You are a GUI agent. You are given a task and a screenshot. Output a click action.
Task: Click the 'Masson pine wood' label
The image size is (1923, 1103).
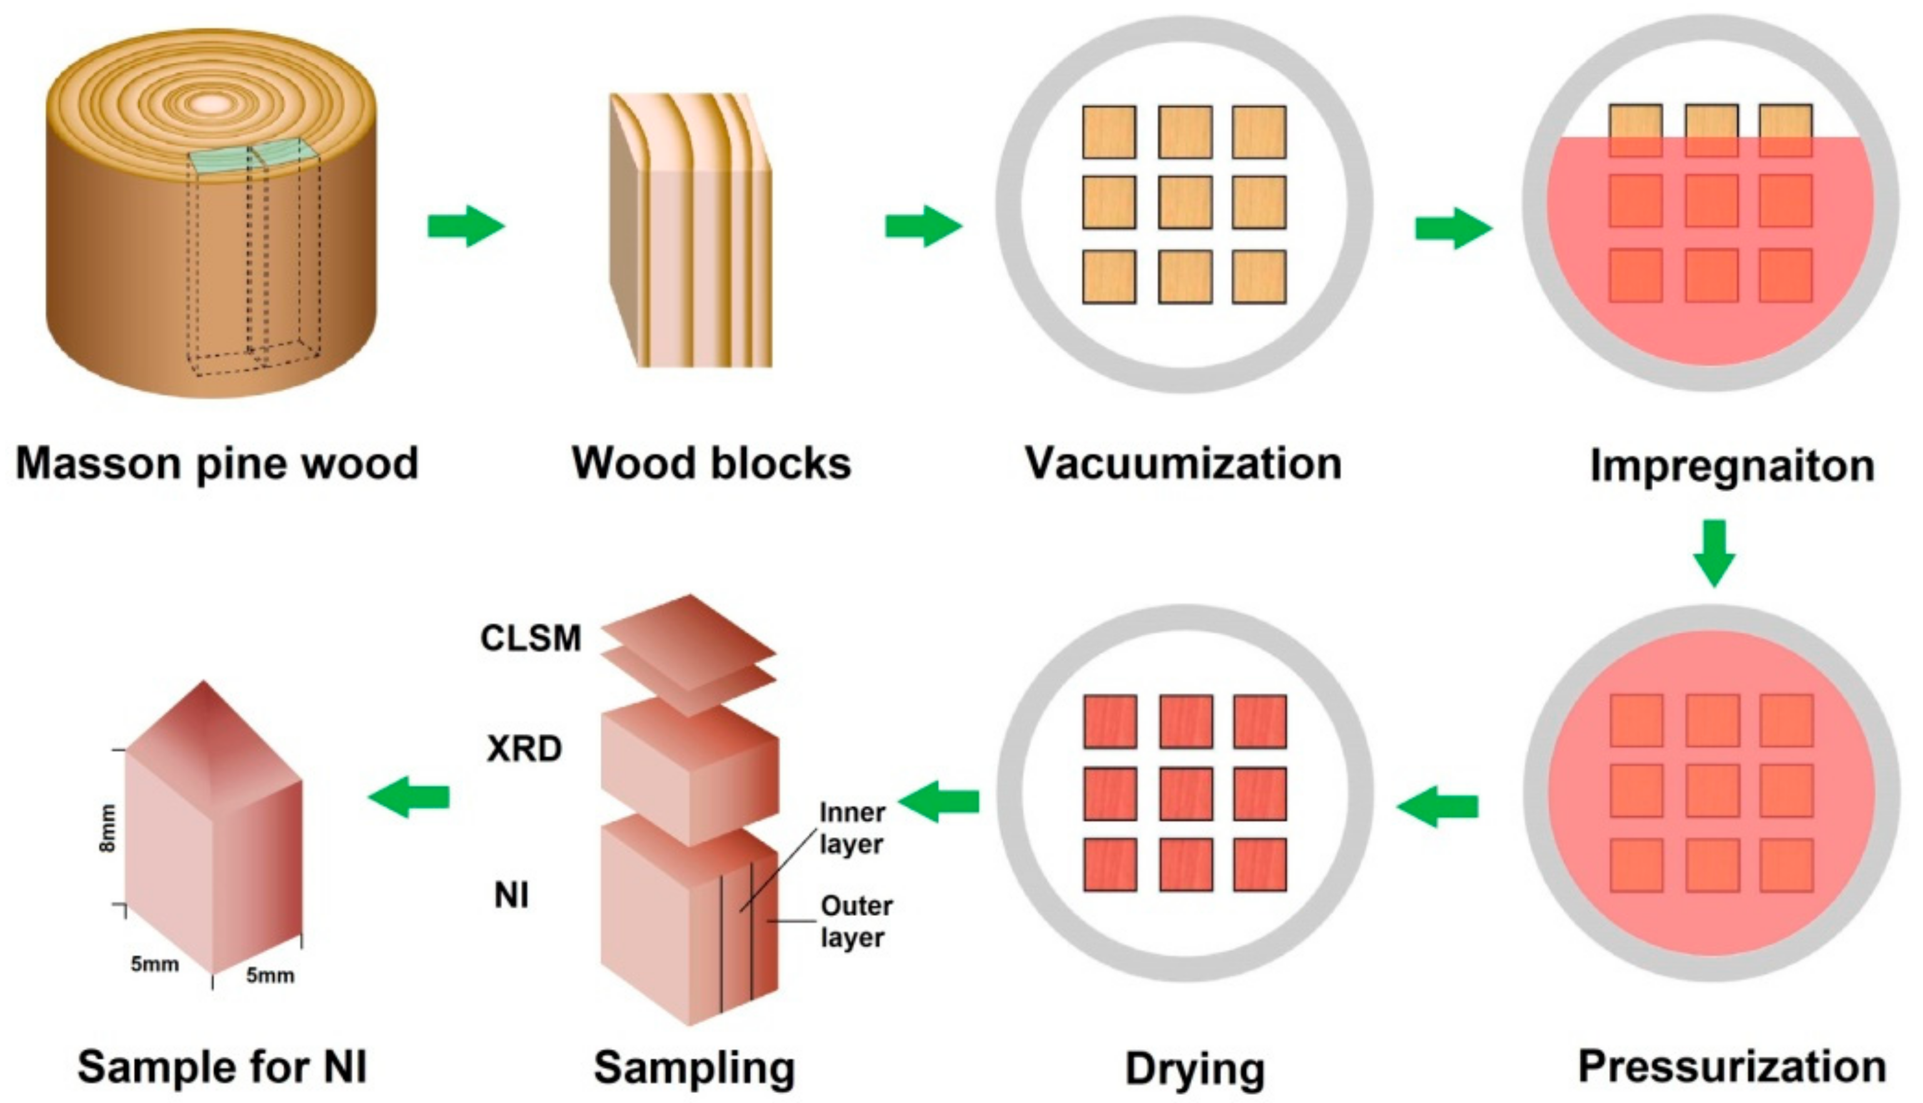[217, 464]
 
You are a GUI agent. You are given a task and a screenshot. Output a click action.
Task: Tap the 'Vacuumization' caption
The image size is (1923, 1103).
[1183, 464]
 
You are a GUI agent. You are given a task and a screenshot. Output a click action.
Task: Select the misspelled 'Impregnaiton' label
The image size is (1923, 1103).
[1732, 466]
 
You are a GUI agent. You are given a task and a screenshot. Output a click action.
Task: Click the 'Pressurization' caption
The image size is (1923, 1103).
[1732, 1067]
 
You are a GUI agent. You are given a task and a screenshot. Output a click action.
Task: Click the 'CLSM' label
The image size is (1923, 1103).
[531, 639]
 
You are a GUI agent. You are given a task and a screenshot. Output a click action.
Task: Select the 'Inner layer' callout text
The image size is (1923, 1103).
[852, 828]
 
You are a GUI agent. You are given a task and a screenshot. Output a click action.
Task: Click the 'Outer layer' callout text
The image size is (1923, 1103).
[856, 921]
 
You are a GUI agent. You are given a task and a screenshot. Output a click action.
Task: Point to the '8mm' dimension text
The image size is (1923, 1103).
[108, 828]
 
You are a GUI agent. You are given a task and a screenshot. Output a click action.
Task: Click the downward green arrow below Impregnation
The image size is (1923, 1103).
[1714, 552]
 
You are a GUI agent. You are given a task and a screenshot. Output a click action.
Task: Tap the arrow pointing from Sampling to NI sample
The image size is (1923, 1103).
[410, 797]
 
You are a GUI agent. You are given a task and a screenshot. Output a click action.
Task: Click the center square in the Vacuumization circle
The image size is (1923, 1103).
[1185, 202]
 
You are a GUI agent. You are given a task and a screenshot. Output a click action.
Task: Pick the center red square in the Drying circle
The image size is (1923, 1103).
[1185, 794]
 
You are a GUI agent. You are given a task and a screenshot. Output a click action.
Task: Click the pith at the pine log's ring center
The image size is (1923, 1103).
[213, 104]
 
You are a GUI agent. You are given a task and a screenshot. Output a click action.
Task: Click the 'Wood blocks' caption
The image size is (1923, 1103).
[712, 464]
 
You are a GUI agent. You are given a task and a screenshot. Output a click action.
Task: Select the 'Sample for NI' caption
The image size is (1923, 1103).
[223, 1067]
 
